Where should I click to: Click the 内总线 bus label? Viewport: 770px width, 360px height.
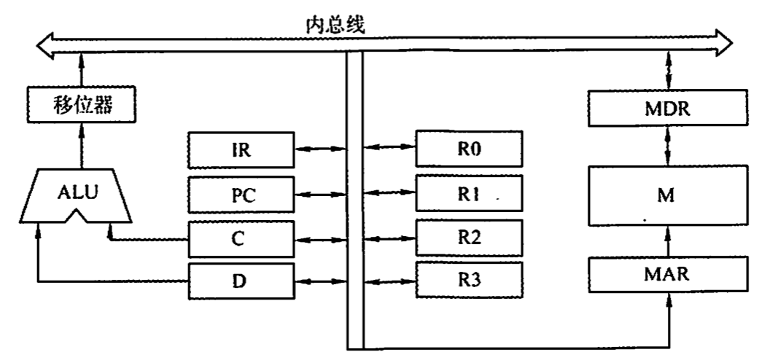(x=335, y=24)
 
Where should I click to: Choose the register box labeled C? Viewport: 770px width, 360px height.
(x=241, y=238)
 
